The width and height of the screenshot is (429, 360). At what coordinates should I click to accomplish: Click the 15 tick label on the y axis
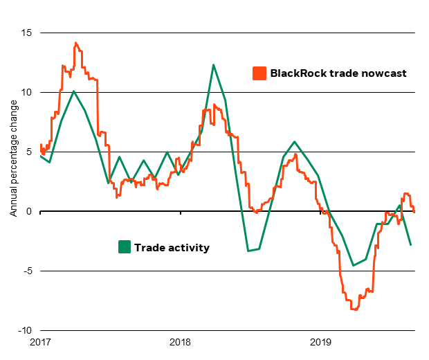click(27, 33)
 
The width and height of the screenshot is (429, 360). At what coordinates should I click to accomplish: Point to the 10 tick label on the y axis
click(27, 92)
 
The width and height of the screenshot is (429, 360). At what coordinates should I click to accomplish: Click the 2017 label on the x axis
click(40, 342)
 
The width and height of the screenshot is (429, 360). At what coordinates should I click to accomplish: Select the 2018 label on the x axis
click(180, 342)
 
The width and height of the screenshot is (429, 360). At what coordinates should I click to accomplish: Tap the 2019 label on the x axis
click(320, 342)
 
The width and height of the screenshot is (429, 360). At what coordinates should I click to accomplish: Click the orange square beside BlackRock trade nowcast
click(259, 73)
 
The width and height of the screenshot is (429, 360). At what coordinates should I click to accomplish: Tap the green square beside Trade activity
click(125, 247)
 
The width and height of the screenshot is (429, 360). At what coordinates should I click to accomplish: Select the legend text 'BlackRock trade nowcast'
click(338, 73)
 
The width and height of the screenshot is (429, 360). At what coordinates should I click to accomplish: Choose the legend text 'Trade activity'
click(172, 247)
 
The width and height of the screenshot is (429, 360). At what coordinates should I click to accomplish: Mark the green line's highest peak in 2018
click(213, 64)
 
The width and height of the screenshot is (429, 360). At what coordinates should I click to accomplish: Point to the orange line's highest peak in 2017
click(75, 43)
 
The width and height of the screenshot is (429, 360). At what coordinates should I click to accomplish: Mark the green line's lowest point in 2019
click(353, 265)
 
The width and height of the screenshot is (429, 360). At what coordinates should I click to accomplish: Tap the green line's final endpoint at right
click(411, 244)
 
